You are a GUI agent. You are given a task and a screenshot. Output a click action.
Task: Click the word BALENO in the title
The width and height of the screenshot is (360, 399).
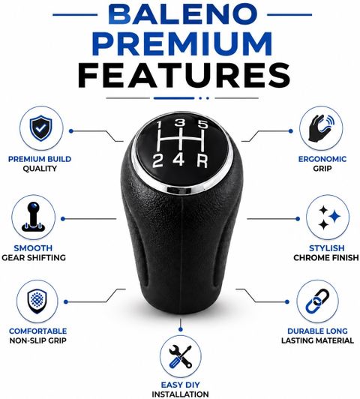[182, 14]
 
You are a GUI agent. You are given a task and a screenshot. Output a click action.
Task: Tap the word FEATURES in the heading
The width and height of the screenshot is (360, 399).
[184, 76]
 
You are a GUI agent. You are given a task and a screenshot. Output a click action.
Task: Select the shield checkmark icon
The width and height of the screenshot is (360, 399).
[40, 128]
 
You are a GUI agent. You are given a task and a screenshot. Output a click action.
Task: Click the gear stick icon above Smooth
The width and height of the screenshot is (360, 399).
[34, 217]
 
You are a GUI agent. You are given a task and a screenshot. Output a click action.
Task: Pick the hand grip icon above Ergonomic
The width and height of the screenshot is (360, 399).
[321, 128]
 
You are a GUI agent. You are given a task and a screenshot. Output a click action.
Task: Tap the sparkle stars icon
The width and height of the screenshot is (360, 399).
[329, 217]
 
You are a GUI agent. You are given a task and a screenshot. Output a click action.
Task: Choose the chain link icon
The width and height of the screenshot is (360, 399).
[317, 301]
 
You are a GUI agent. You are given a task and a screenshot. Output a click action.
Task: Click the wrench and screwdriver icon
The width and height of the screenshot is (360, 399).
[181, 356]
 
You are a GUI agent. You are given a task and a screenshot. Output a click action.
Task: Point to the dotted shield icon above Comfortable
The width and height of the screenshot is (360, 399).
[37, 301]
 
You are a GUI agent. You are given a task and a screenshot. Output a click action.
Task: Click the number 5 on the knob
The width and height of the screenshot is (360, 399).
[203, 124]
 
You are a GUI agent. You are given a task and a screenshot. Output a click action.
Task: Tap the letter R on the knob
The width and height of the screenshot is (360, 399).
[202, 160]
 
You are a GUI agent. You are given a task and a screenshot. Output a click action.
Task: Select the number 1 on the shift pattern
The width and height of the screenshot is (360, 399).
[159, 125]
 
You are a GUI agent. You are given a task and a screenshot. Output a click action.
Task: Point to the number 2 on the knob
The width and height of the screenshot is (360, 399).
[157, 161]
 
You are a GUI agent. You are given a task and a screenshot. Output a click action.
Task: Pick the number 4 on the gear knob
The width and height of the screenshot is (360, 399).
[178, 160]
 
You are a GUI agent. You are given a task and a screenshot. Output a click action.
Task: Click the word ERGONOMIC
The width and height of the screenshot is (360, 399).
[322, 159]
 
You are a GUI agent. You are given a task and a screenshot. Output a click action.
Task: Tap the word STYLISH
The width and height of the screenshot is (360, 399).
[327, 248]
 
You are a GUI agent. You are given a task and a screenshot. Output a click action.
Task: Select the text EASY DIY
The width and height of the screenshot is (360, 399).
[181, 385]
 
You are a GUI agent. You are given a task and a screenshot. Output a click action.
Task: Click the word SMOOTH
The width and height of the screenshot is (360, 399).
[33, 248]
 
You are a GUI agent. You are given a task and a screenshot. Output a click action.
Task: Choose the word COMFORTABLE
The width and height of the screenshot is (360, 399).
[38, 331]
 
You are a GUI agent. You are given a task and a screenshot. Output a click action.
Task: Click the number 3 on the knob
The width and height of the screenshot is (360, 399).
[181, 123]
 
